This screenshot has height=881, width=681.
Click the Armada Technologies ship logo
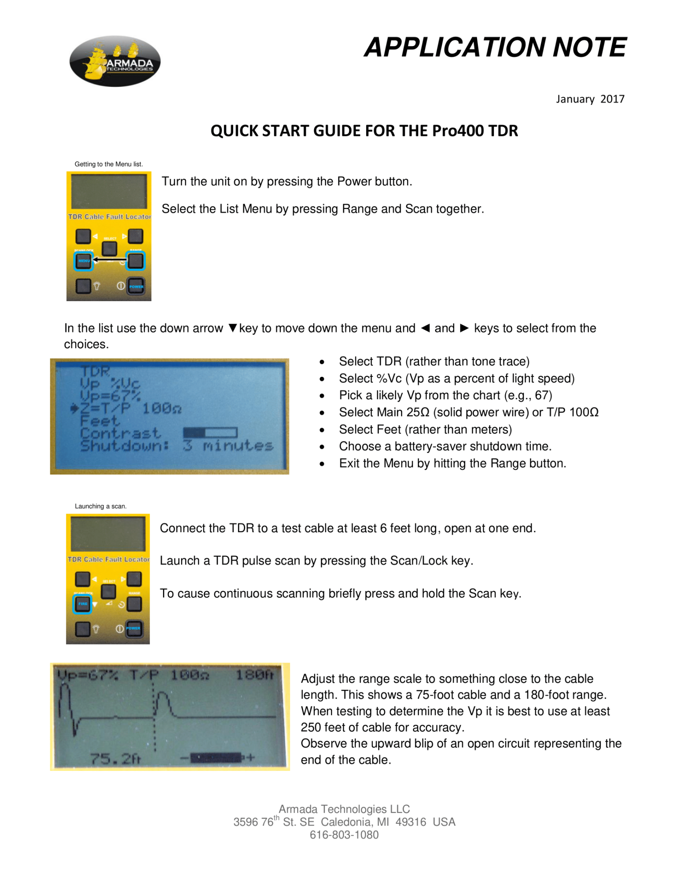click(115, 61)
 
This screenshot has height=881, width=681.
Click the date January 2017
click(589, 99)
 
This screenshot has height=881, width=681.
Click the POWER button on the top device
click(136, 286)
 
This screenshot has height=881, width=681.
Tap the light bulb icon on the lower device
click(96, 629)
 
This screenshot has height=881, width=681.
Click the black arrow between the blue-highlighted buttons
click(109, 260)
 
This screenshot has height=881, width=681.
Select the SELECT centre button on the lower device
click(108, 591)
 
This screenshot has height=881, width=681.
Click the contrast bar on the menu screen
click(210, 432)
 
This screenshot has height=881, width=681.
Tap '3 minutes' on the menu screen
click(228, 446)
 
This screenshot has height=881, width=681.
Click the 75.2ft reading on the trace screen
click(115, 759)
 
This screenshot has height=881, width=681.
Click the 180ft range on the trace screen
click(254, 675)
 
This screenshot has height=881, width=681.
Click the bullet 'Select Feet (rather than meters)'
click(425, 429)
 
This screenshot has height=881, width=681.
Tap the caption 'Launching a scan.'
click(101, 506)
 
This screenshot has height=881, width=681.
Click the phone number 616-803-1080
click(344, 835)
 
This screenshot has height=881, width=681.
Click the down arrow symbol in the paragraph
click(232, 328)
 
